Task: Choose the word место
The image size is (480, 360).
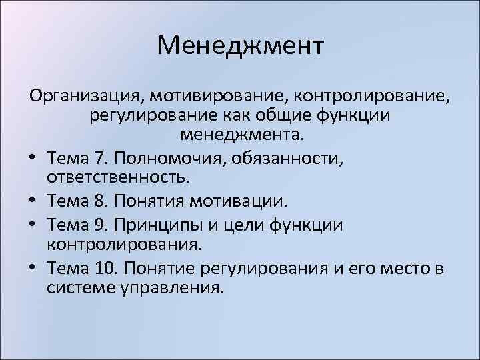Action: pyautogui.click(x=405, y=266)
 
